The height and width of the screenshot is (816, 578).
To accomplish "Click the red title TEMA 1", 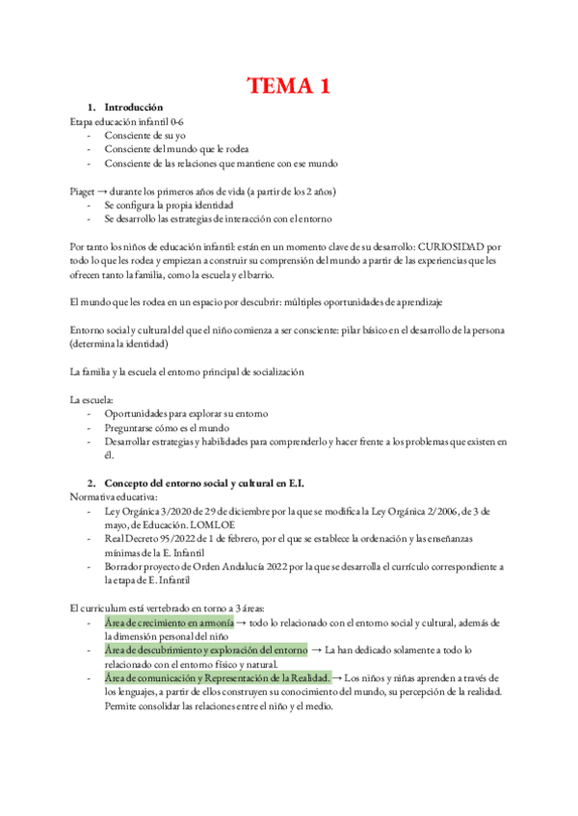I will pyautogui.click(x=289, y=87).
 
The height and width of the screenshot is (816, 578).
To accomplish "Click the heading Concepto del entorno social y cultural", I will pyautogui.click(x=210, y=482).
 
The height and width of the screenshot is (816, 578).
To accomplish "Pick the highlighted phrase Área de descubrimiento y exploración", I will pyautogui.click(x=205, y=650).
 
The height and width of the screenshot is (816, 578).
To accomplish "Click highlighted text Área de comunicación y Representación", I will pyautogui.click(x=218, y=677).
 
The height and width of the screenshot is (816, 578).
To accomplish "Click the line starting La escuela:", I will pyautogui.click(x=91, y=398).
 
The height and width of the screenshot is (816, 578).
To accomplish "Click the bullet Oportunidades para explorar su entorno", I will pyautogui.click(x=186, y=413).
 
